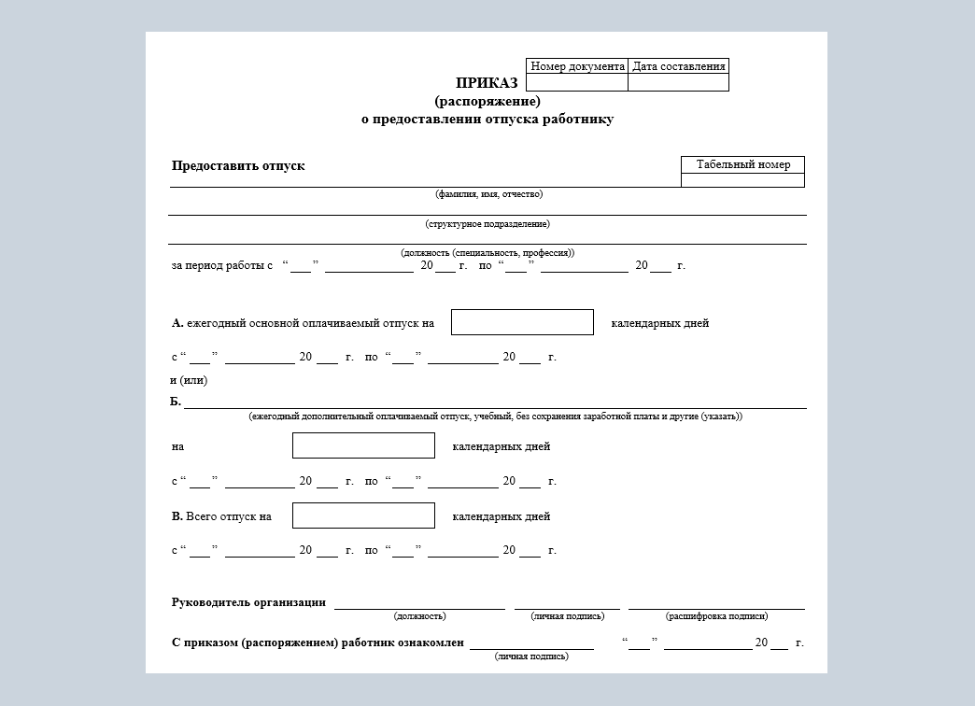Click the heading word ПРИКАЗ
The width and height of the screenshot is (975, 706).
(x=487, y=83)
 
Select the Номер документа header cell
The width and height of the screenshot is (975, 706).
(x=577, y=66)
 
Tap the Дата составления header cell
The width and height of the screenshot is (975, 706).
(x=678, y=66)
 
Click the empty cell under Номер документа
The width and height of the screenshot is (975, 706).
(x=577, y=82)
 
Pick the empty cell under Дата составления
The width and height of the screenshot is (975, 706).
(x=678, y=82)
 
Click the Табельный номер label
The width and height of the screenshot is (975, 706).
(x=742, y=165)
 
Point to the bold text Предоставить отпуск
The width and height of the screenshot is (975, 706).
(x=238, y=166)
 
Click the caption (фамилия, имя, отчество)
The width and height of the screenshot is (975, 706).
(x=488, y=194)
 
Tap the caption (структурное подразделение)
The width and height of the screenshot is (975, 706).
(x=487, y=224)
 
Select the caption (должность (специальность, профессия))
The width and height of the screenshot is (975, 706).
(x=487, y=253)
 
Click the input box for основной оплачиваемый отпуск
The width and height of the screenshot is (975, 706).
(x=522, y=322)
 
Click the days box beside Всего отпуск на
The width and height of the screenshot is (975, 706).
(x=363, y=515)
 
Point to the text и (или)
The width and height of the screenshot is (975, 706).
(x=189, y=380)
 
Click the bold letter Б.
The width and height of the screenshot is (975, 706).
(x=176, y=402)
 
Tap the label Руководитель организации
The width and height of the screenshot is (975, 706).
(x=248, y=602)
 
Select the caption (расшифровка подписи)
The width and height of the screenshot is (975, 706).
(x=716, y=616)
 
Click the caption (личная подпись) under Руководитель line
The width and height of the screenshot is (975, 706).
(x=567, y=616)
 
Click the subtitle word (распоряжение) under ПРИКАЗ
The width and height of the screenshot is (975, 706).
(x=487, y=101)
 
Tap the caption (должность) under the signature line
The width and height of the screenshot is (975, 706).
(x=419, y=616)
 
